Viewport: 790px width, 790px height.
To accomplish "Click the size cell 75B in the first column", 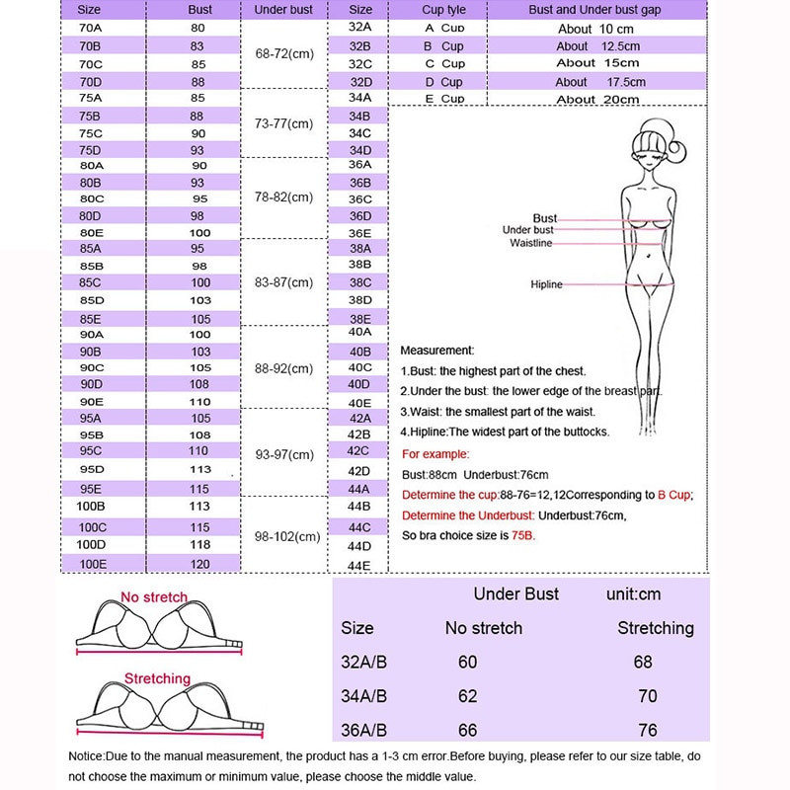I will click(90, 116).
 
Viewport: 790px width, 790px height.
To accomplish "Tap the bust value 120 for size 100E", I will click(198, 563).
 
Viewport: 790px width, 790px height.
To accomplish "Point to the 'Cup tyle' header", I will click(443, 10).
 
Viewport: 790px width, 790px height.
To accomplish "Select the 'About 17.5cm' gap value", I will click(600, 82).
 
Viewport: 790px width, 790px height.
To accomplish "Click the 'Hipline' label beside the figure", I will click(546, 284).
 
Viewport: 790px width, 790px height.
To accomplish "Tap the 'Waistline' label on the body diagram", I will click(531, 243).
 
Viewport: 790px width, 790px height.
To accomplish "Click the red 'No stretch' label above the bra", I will click(153, 597).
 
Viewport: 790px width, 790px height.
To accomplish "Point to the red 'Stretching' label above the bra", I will click(157, 678).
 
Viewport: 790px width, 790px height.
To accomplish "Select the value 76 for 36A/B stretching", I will click(648, 730).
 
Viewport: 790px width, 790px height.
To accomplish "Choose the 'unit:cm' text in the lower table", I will click(633, 594).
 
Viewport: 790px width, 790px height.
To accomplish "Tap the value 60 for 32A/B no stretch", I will click(467, 662).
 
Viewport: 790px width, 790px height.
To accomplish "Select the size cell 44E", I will click(359, 566).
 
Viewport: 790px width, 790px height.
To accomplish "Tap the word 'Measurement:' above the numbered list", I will click(437, 351).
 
